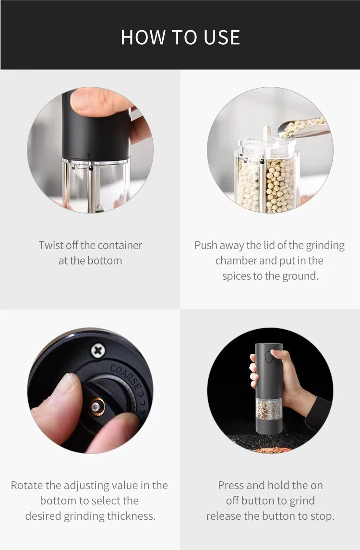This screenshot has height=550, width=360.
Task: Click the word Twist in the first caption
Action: click(51, 245)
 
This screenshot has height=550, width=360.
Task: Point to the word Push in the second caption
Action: click(205, 245)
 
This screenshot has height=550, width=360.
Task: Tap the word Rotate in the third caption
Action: click(26, 485)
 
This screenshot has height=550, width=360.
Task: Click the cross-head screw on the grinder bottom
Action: click(98, 351)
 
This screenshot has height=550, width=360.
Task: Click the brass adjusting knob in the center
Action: click(97, 407)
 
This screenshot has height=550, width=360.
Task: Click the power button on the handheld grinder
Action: click(269, 357)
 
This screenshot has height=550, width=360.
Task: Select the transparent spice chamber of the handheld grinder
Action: click(269, 409)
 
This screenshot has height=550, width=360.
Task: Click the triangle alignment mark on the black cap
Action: click(89, 156)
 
